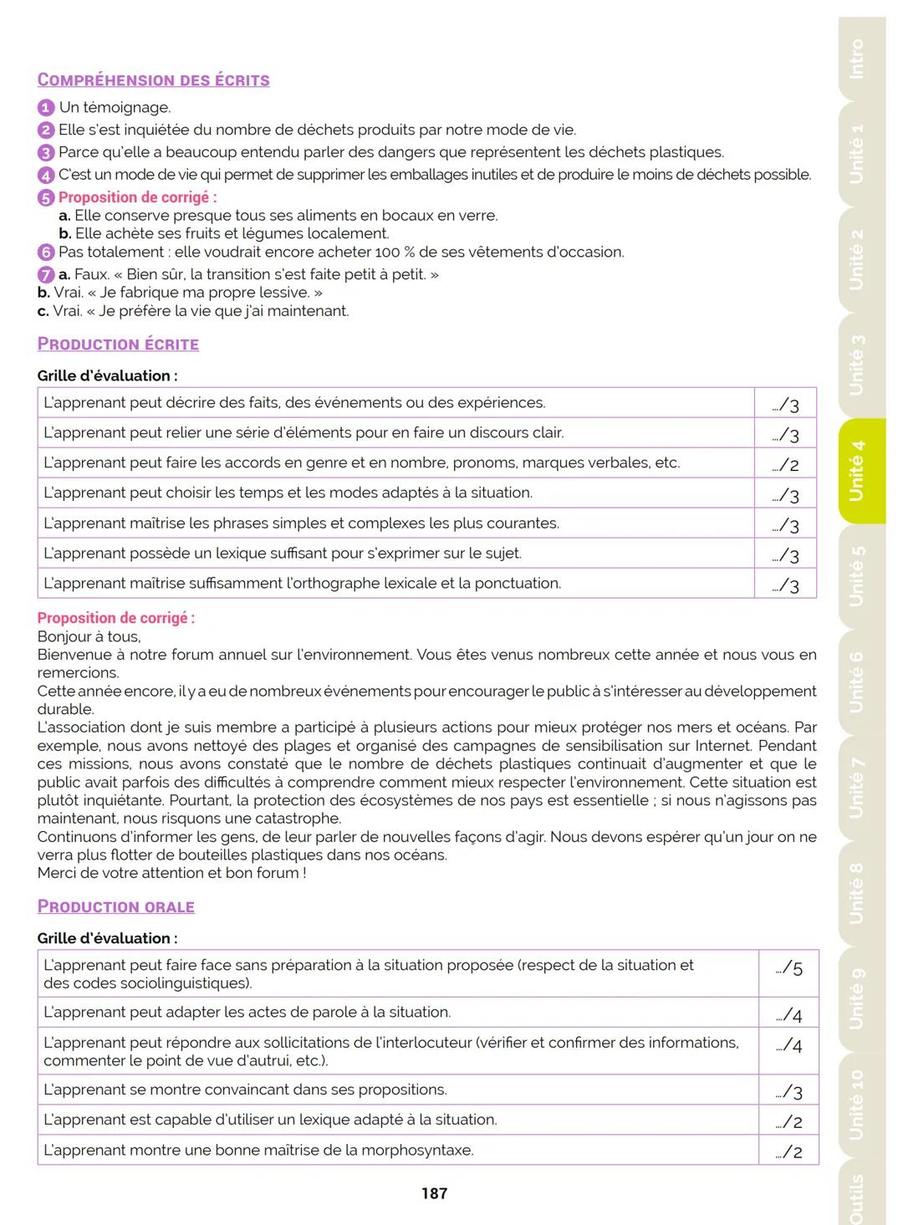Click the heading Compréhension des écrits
[153, 80]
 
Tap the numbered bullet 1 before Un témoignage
[45, 108]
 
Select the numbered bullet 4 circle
[45, 176]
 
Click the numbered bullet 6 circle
[45, 253]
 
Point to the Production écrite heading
[118, 345]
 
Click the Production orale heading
[115, 907]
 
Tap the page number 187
[434, 1194]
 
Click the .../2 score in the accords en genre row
[786, 465]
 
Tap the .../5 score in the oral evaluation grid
[789, 969]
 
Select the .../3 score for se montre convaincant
[789, 1092]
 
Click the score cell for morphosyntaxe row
[789, 1152]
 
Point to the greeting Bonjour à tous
[89, 637]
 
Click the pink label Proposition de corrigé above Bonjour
[115, 619]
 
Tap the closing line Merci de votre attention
[171, 873]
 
